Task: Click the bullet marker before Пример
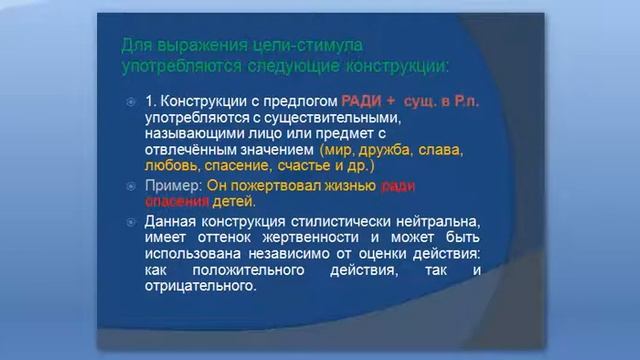[132, 187]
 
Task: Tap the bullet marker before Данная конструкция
[132, 222]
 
